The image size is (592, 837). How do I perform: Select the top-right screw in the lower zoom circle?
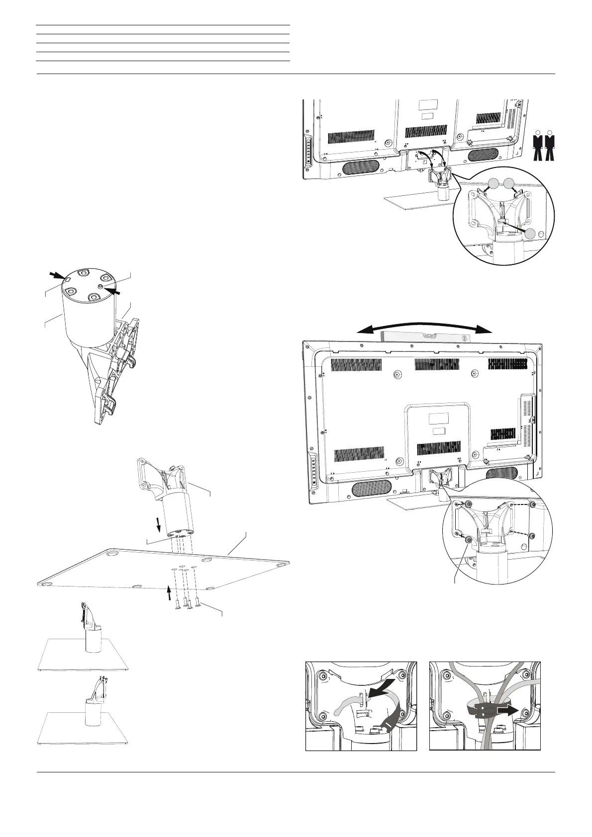pos(532,505)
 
